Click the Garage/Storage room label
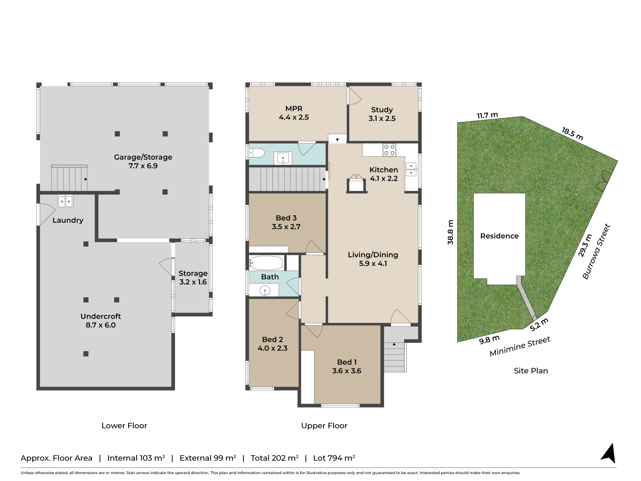click(143, 161)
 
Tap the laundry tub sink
click(65, 201)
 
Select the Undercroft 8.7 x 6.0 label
click(101, 320)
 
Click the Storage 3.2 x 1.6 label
click(193, 277)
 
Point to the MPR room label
click(294, 113)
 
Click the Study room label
click(382, 114)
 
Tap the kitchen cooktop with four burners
click(389, 150)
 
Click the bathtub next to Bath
click(266, 263)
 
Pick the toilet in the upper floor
click(256, 153)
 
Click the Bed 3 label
click(286, 222)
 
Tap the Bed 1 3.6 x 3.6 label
click(347, 366)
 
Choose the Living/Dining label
click(373, 259)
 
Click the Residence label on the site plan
click(499, 236)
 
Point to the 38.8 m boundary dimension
click(451, 232)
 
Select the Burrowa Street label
click(596, 252)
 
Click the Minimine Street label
click(520, 346)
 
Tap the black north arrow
click(609, 453)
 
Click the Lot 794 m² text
click(334, 458)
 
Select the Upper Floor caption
click(324, 426)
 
